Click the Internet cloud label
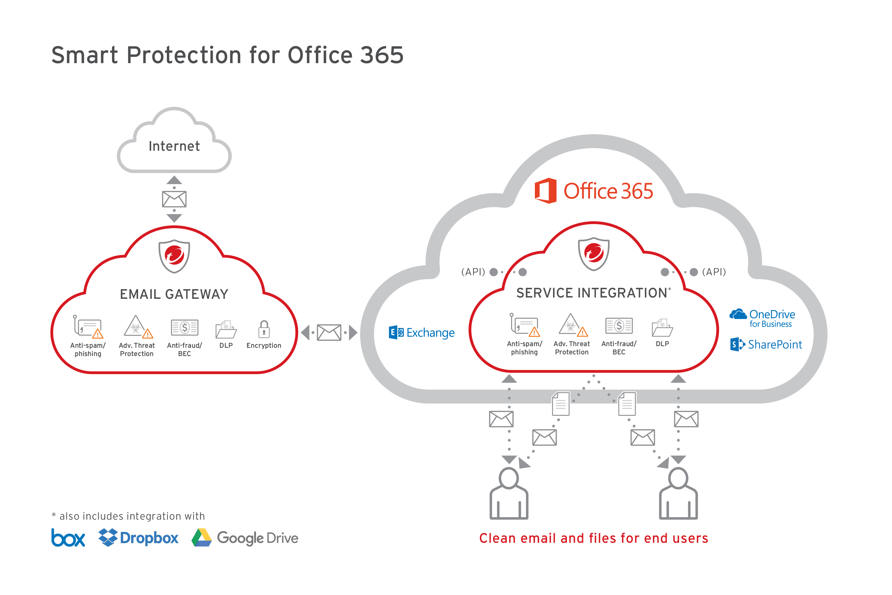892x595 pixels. click(x=174, y=146)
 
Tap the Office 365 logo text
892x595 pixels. click(x=608, y=191)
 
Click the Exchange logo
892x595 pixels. click(x=422, y=333)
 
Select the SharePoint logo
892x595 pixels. click(x=766, y=344)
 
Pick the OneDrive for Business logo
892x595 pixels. click(x=762, y=318)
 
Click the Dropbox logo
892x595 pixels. click(x=138, y=538)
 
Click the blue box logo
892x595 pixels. click(x=68, y=538)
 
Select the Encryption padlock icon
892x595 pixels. click(x=264, y=329)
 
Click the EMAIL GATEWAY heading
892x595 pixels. click(x=174, y=295)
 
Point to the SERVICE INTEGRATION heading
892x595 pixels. click(x=592, y=293)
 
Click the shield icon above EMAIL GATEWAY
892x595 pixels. click(x=174, y=256)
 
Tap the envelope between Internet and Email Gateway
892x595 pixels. click(x=174, y=199)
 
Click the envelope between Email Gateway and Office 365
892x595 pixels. click(x=329, y=333)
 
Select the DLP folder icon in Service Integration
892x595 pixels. click(x=662, y=328)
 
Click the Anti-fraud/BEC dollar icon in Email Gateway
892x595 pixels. click(x=184, y=328)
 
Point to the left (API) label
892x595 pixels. click(x=473, y=272)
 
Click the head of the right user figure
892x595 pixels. click(x=678, y=478)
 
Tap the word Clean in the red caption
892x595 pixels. click(x=497, y=538)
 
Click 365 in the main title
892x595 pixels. click(x=382, y=55)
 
